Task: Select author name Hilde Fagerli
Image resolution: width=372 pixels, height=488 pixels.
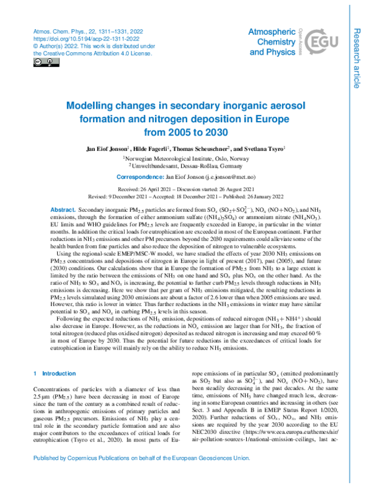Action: point(151,150)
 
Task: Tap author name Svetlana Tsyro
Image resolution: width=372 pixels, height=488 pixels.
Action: point(262,150)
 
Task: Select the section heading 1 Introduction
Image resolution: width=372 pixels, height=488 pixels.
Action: point(54,374)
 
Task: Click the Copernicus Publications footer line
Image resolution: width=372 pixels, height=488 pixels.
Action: point(186,477)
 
